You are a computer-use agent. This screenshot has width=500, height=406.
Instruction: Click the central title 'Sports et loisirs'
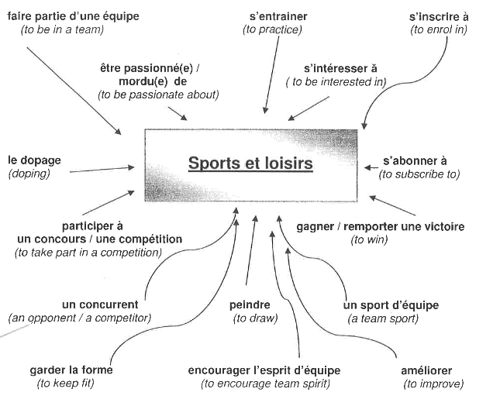[250, 164]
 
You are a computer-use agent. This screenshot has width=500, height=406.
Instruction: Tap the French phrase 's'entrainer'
[278, 15]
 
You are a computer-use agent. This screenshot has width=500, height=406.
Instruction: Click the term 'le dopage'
[33, 160]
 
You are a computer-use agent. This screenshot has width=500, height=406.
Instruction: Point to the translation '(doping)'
[29, 174]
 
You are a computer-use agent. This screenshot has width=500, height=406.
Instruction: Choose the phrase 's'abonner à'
[415, 161]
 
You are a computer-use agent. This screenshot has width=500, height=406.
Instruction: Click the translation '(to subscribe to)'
[419, 175]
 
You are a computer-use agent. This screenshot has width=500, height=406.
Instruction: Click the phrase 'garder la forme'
[71, 370]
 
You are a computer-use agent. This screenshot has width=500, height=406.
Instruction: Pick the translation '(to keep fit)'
[69, 384]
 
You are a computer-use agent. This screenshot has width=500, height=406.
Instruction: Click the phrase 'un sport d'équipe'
[391, 304]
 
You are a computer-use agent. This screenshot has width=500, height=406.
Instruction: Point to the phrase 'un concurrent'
[100, 304]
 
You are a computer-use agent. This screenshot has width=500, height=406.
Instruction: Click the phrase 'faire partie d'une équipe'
[67, 15]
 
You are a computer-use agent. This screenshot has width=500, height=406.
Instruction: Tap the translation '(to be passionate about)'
[158, 95]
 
